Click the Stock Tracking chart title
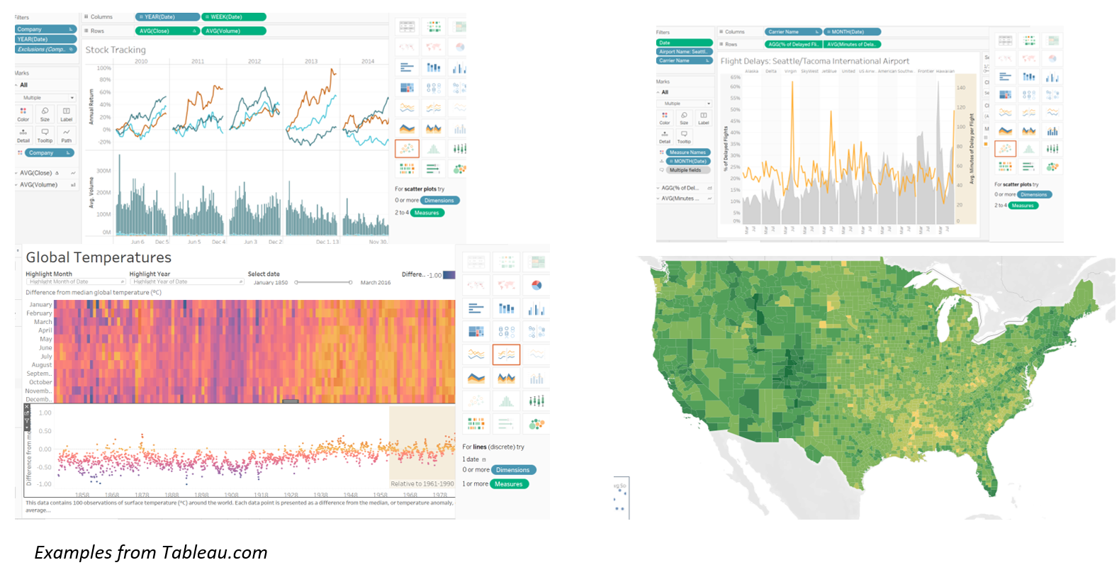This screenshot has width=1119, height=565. click(x=116, y=50)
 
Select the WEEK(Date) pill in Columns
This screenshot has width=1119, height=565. click(x=233, y=17)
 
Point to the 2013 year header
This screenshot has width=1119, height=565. click(x=311, y=62)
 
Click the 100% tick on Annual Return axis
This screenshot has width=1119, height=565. click(x=103, y=68)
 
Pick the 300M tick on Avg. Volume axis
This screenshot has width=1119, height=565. click(x=103, y=171)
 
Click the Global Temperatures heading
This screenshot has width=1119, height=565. click(x=99, y=257)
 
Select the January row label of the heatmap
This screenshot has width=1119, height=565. click(x=40, y=305)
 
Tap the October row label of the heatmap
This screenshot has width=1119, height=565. click(x=40, y=382)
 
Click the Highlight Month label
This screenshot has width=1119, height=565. click(x=49, y=274)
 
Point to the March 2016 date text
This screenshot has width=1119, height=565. click(x=375, y=282)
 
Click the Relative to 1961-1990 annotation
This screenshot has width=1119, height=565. click(x=422, y=483)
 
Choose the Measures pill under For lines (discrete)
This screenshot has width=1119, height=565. click(x=508, y=484)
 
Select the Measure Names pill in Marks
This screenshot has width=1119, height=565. click(x=687, y=152)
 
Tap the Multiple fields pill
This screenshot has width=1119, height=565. click(x=685, y=170)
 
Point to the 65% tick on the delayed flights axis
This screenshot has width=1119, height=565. click(x=735, y=77)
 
